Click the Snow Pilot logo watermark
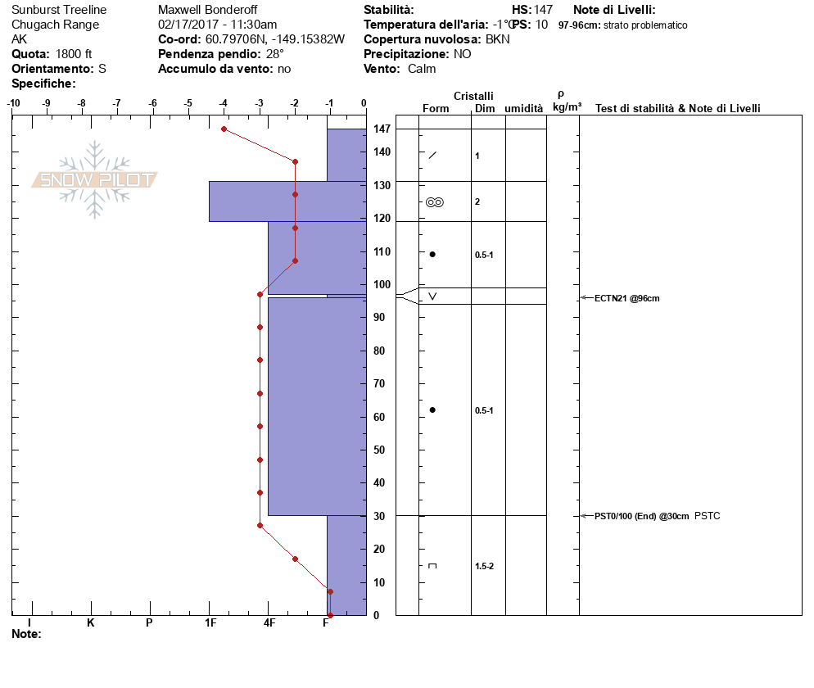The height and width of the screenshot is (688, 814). [x=95, y=179]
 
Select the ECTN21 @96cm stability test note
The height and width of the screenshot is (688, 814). [x=626, y=298]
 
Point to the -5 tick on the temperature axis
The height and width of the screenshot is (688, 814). [x=188, y=103]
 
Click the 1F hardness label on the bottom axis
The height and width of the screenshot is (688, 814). [x=210, y=623]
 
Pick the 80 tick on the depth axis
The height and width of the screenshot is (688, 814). [x=379, y=351]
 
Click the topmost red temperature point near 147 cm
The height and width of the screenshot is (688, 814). [x=224, y=129]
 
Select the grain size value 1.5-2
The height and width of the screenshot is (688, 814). [x=484, y=566]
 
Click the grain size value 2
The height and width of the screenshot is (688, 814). [x=477, y=201]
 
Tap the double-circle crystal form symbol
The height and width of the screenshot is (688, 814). [x=435, y=202]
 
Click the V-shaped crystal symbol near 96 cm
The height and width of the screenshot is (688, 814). [x=432, y=296]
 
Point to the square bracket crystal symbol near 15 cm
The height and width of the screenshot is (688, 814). [x=432, y=566]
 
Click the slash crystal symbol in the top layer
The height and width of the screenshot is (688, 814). [x=432, y=156]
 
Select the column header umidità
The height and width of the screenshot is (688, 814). [x=524, y=109]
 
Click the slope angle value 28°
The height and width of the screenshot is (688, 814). [x=275, y=54]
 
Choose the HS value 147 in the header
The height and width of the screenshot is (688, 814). [x=543, y=10]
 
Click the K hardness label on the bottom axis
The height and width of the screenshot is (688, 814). [x=91, y=623]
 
